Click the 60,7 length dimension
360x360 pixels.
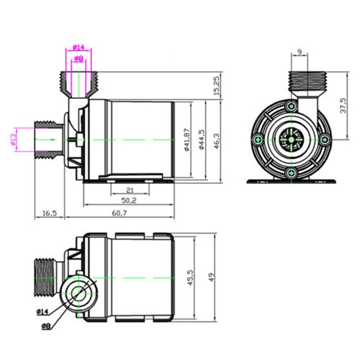[x=119, y=213]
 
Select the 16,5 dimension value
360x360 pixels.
[x=50, y=213]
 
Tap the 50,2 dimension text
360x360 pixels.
[x=129, y=200]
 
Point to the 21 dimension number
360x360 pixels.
[x=130, y=190]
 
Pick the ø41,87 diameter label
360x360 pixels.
[x=186, y=139]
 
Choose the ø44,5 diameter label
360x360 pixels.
[x=201, y=139]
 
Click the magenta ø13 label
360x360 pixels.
[x=13, y=139]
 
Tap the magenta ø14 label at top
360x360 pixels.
[x=78, y=47]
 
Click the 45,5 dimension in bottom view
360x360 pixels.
[x=190, y=277]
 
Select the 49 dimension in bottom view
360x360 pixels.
[x=211, y=277]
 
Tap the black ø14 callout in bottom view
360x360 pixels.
[x=42, y=312]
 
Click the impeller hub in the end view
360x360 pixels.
[x=292, y=139]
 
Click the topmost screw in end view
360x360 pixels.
[x=292, y=106]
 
